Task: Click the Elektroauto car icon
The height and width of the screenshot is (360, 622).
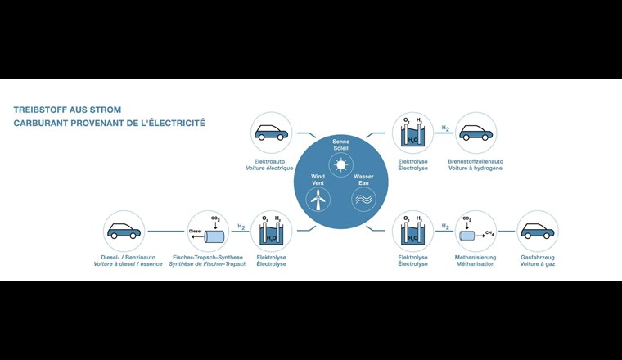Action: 272,133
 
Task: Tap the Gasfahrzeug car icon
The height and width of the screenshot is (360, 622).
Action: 538,231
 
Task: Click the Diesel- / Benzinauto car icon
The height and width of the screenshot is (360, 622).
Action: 124,231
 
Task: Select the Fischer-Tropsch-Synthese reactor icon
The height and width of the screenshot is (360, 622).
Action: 210,231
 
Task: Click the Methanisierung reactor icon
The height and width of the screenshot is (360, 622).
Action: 476,232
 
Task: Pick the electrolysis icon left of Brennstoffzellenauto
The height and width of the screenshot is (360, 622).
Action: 412,133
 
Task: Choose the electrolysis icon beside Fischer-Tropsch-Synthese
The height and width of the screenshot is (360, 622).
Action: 271,231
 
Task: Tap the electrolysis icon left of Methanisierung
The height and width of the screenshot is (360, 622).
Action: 412,231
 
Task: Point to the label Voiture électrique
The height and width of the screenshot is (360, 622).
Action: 269,169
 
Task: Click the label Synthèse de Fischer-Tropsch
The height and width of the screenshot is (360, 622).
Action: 207,265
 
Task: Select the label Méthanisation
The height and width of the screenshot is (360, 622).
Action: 476,265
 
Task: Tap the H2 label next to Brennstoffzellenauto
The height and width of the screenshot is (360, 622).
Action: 445,128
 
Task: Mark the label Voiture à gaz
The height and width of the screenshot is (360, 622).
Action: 538,265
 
